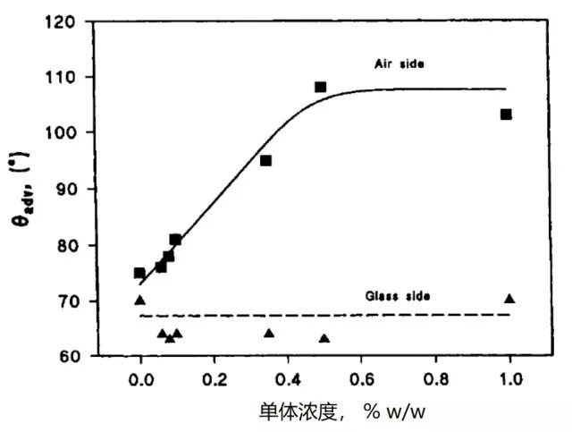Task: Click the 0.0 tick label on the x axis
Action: [139, 376]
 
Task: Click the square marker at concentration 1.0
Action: [506, 114]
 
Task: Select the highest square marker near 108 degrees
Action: [320, 87]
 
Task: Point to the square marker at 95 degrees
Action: [265, 161]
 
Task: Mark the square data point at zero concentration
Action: [139, 273]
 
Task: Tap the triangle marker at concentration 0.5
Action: [324, 338]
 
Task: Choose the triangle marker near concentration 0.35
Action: [269, 334]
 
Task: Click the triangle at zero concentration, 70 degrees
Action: [139, 301]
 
